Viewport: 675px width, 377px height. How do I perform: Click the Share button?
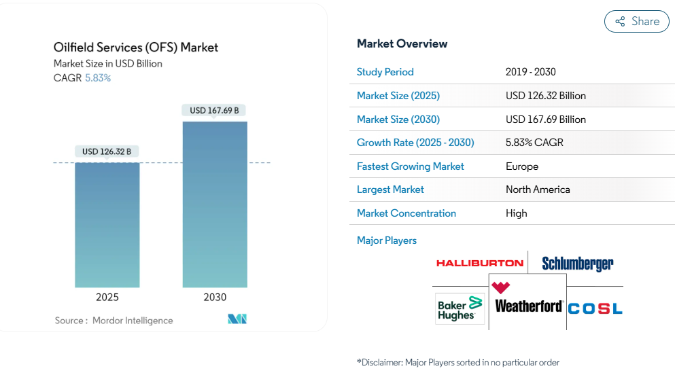pos(637,22)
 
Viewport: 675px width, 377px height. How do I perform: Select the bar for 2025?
pos(107,225)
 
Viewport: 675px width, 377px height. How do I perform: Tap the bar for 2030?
pos(215,204)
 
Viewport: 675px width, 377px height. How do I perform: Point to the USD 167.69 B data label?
pos(214,111)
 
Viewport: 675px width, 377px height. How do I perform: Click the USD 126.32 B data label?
pos(107,151)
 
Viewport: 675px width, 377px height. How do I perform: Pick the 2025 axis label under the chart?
pos(107,298)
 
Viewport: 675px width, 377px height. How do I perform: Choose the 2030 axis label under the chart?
pos(215,298)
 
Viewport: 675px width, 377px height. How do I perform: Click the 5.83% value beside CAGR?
pos(98,78)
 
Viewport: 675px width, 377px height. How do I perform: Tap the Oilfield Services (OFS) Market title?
pos(135,48)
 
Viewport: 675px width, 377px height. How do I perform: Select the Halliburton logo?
pos(479,264)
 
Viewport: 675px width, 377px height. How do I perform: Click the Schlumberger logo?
pos(578,264)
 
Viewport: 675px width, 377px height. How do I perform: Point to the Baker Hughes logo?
pos(460,308)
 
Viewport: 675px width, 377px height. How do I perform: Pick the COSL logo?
pos(595,308)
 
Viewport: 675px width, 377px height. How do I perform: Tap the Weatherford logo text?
pos(529,306)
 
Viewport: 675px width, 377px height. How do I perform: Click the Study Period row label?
pos(385,72)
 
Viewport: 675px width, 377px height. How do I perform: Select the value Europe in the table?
pos(522,166)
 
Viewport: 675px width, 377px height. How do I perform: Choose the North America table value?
pos(538,190)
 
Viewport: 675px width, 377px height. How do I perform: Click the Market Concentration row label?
pos(406,213)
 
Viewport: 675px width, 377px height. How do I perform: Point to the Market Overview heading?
pos(402,44)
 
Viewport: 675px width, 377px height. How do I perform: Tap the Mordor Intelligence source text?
pos(133,321)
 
